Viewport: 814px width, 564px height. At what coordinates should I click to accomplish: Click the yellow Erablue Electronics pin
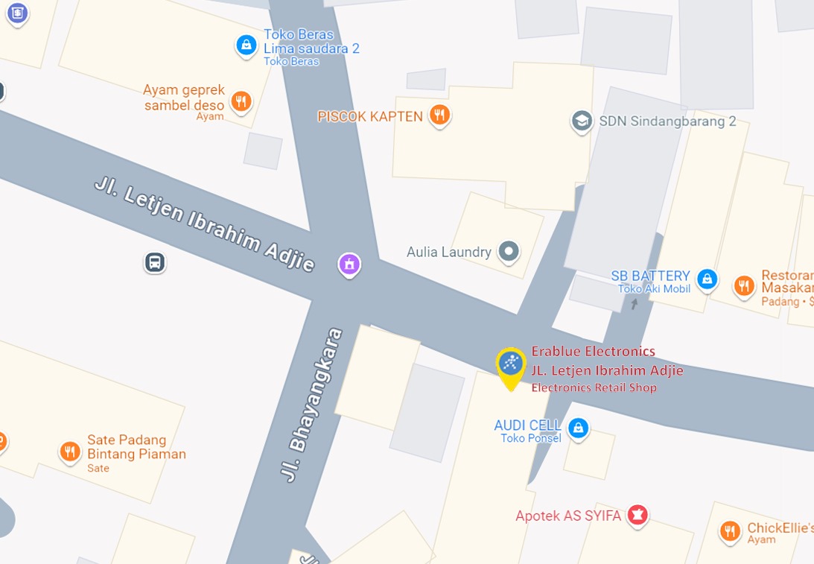tap(511, 364)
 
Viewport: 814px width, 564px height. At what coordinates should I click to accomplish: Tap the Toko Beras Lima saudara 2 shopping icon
tap(246, 45)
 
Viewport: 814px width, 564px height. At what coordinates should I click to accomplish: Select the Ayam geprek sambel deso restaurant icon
tap(241, 101)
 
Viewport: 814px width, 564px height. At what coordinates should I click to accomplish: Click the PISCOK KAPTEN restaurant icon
tap(440, 115)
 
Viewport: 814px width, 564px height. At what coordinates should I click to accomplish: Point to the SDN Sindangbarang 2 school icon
tap(581, 121)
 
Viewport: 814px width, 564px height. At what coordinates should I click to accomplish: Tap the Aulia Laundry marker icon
tap(509, 251)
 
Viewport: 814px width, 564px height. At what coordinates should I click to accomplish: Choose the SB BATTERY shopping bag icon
tap(707, 279)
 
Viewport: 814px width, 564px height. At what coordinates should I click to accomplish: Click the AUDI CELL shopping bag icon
tap(577, 428)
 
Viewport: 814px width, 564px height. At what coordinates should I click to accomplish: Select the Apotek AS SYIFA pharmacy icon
tap(637, 514)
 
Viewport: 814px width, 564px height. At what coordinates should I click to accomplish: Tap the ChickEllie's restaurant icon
tap(730, 530)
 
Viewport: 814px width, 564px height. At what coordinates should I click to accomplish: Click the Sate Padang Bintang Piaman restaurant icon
tap(70, 451)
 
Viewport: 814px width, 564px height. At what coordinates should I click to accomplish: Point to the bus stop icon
tap(155, 262)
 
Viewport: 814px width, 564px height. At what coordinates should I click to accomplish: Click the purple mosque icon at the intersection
tap(349, 264)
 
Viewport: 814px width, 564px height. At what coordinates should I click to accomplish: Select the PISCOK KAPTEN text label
tap(370, 116)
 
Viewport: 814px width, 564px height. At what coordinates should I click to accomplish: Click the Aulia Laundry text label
tap(448, 252)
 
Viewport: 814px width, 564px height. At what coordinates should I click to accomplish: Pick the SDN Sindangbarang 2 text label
tap(667, 121)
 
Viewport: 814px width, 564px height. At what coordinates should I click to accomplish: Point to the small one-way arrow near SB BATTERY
tap(635, 302)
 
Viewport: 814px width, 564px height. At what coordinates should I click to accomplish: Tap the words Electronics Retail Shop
tap(594, 387)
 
